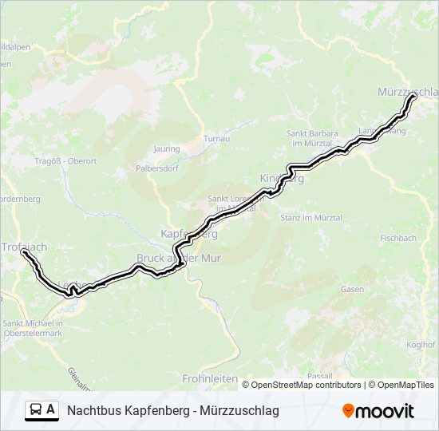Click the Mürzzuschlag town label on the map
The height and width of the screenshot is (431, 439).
pyautogui.click(x=407, y=93)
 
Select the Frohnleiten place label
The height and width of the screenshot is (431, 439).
pyautogui.click(x=206, y=378)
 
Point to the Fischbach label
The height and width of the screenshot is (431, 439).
pyautogui.click(x=397, y=238)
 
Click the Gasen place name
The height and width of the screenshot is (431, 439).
pyautogui.click(x=352, y=289)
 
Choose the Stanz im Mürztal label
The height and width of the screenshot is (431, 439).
pyautogui.click(x=310, y=217)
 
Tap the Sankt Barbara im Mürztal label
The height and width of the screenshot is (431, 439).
pyautogui.click(x=312, y=138)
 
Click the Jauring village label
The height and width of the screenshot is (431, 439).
pyautogui.click(x=167, y=148)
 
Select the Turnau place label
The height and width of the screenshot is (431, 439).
pyautogui.click(x=216, y=138)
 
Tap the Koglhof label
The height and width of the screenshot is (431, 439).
pyautogui.click(x=421, y=345)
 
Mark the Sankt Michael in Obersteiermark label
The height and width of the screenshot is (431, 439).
pyautogui.click(x=33, y=327)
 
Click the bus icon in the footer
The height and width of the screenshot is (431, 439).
pyautogui.click(x=37, y=410)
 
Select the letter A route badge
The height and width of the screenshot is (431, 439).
pyautogui.click(x=51, y=410)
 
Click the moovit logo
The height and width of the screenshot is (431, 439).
pyautogui.click(x=378, y=411)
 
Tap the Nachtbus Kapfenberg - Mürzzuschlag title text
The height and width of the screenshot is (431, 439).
pyautogui.click(x=173, y=411)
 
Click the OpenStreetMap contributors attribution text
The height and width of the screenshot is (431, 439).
pyautogui.click(x=307, y=385)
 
